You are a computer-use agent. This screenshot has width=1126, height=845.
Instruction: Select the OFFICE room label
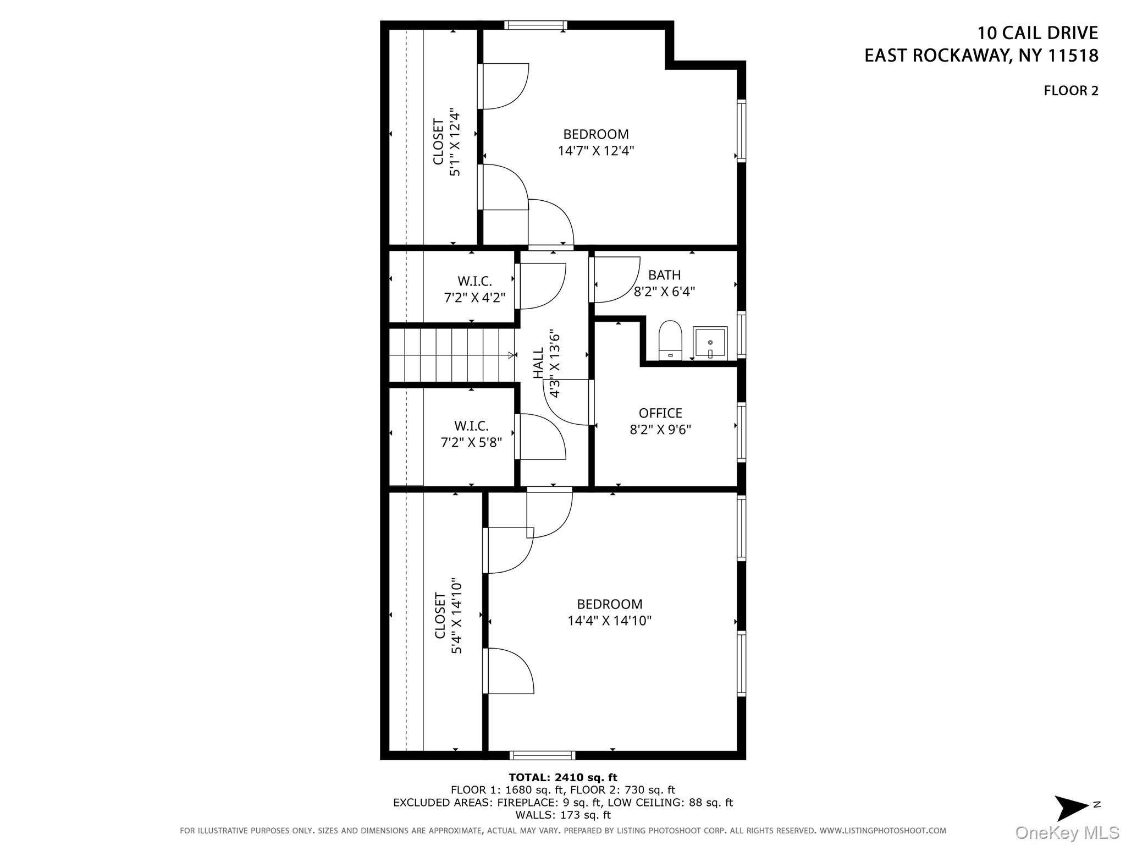click(660, 413)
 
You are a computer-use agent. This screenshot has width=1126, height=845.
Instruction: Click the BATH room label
click(664, 275)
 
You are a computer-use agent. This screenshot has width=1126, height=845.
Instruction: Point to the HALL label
click(538, 363)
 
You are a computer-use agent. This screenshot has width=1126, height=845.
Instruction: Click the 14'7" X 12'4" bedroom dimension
click(596, 151)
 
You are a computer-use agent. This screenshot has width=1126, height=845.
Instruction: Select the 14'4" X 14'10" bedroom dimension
click(610, 621)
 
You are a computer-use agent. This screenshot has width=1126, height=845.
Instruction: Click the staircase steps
click(452, 355)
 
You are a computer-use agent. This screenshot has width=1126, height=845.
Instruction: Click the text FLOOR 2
click(1071, 91)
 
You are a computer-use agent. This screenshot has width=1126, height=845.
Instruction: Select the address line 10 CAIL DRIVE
click(1037, 33)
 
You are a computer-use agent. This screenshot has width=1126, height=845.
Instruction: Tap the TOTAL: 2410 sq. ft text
click(563, 777)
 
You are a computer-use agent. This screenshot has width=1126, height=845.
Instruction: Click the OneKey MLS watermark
click(1067, 833)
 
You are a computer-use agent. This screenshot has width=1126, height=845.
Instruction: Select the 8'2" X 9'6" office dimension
click(660, 430)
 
